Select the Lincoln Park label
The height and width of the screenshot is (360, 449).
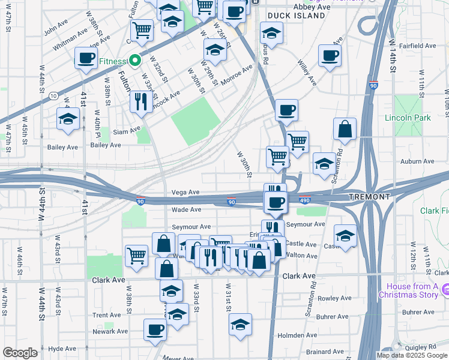[x=408, y=118]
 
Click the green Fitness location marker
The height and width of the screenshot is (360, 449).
[x=136, y=61]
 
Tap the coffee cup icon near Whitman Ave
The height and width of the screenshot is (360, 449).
[x=86, y=58]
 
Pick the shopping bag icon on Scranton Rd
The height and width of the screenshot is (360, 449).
[x=345, y=128]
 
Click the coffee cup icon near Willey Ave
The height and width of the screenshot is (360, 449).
[x=330, y=56]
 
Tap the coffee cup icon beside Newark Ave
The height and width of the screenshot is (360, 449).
[x=155, y=329]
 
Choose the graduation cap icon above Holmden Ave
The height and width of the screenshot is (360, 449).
[x=240, y=324]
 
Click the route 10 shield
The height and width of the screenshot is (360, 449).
[x=53, y=95]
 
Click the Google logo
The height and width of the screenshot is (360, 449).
[x=20, y=353]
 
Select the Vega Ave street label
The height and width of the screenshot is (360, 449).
[x=185, y=193]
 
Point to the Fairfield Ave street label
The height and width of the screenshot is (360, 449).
[x=419, y=46]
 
